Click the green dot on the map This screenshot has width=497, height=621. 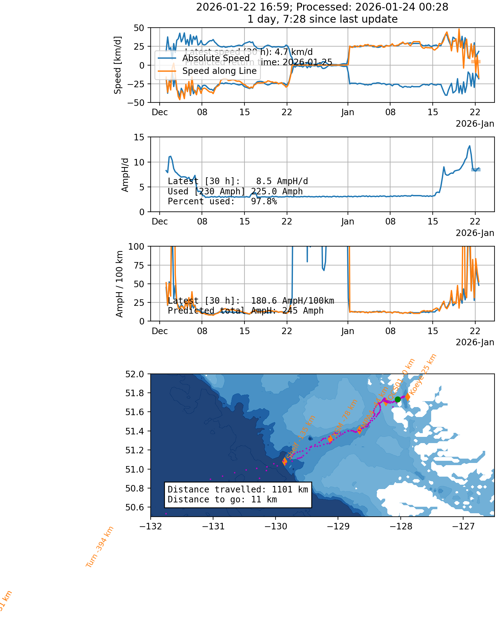[x=398, y=399]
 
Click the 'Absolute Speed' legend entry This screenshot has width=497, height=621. [x=216, y=58]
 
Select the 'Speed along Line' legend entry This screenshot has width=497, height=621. [x=219, y=71]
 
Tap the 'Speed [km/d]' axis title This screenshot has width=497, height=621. [x=118, y=65]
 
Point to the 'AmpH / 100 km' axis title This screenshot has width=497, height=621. [x=120, y=284]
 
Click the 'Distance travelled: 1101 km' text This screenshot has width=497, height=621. [x=238, y=490]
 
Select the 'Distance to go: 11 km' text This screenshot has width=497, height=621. [x=222, y=500]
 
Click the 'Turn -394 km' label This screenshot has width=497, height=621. [x=100, y=547]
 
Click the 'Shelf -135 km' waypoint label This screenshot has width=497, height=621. [x=301, y=437]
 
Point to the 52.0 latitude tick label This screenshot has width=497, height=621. [x=135, y=374]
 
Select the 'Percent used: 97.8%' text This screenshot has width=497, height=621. [x=222, y=202]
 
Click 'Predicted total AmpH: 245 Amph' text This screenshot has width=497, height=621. [x=245, y=311]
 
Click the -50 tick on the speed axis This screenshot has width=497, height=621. [x=136, y=102]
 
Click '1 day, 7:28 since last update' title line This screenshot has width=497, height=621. [x=322, y=19]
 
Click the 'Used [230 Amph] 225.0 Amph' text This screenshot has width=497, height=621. [x=235, y=192]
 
